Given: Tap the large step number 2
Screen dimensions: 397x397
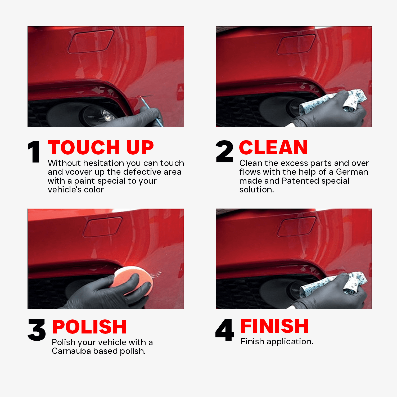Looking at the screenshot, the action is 224,151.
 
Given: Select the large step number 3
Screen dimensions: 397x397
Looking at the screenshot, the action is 37,330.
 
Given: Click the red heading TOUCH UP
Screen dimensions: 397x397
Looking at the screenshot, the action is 101,147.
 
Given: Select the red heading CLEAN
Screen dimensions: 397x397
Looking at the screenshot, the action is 274,147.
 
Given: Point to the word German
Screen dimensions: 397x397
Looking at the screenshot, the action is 352,172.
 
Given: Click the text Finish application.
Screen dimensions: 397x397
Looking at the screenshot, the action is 277,341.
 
